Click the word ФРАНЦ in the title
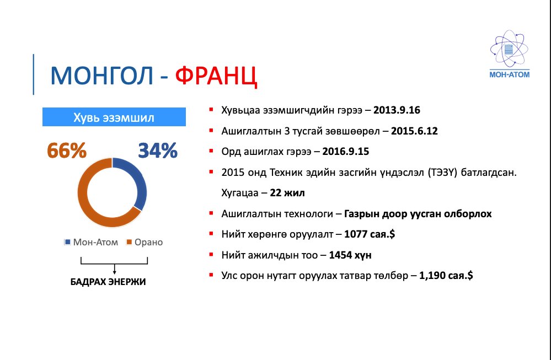coord(217,76)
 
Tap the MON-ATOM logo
coord(509,55)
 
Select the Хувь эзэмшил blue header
coord(114,117)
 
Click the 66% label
coord(67,150)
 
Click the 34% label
coord(157,150)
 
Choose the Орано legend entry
coord(145,242)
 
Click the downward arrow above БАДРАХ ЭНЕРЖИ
coord(114,268)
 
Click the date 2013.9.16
coord(397,110)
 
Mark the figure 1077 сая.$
coord(369,234)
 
